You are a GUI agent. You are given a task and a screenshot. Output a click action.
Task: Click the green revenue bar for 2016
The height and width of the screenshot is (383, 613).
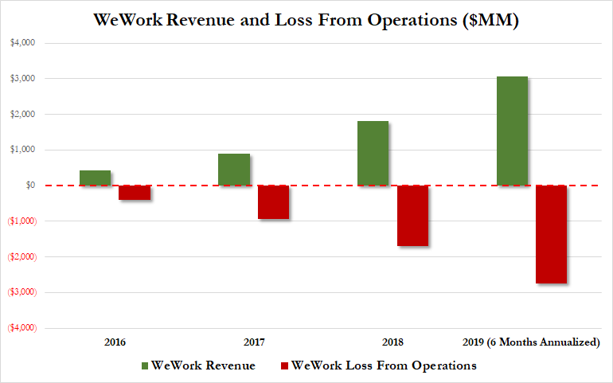[x=95, y=178]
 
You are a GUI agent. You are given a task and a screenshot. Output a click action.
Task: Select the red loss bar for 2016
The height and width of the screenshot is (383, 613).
[x=135, y=193]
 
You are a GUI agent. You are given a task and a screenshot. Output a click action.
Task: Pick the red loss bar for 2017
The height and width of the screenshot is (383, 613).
[x=273, y=202]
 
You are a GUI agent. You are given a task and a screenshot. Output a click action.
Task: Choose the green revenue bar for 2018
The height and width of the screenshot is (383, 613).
[x=373, y=153]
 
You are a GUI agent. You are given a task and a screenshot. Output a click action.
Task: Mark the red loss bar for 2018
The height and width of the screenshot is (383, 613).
[x=412, y=216]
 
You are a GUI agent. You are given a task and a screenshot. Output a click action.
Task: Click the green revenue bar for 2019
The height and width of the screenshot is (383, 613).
[x=512, y=131]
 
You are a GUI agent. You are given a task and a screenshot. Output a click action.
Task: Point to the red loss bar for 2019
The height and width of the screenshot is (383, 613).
[x=551, y=234]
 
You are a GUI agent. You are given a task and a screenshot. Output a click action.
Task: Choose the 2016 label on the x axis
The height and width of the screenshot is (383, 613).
[x=115, y=342]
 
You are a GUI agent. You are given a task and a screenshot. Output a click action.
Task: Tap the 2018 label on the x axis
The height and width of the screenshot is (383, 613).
[x=392, y=342]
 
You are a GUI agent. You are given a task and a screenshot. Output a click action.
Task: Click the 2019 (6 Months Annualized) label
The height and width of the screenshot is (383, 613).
[x=531, y=342]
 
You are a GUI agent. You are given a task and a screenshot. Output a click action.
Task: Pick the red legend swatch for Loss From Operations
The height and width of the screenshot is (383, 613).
[x=283, y=365]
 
